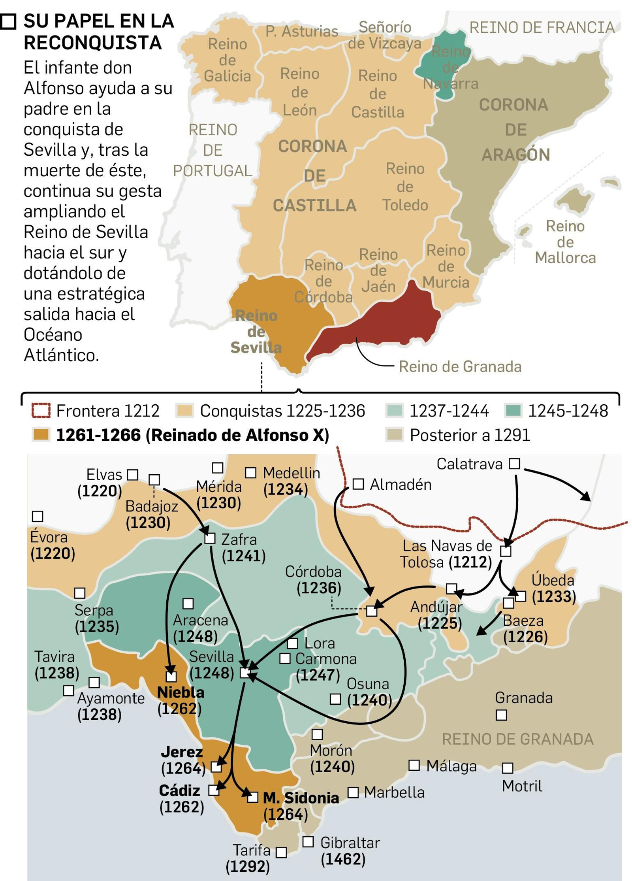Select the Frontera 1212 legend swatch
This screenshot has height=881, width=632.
(41, 411)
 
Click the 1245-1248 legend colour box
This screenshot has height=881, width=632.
(513, 411)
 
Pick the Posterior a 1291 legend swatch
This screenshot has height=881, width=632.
(394, 435)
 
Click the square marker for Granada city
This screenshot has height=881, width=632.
(501, 715)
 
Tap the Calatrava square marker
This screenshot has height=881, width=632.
(514, 463)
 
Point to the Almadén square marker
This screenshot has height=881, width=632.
(358, 484)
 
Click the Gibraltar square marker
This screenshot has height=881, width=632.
(308, 841)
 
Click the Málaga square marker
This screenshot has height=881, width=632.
(414, 765)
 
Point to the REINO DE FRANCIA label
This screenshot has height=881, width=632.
(542, 28)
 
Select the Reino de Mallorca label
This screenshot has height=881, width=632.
(565, 242)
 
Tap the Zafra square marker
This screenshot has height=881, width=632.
(210, 538)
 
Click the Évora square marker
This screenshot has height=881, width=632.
(38, 516)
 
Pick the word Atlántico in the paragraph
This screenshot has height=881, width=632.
(61, 355)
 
